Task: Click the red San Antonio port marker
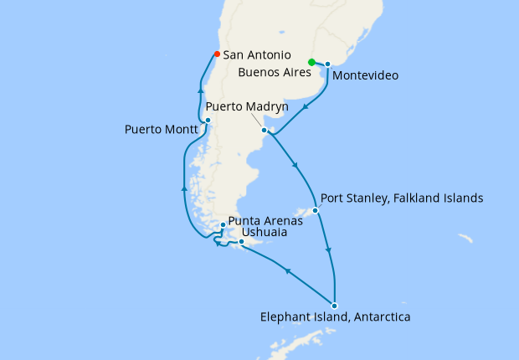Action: tap(217, 54)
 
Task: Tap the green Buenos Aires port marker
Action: tap(311, 62)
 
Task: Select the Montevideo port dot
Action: tap(327, 64)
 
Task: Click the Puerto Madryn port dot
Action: tap(265, 130)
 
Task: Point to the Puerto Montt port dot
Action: tap(208, 121)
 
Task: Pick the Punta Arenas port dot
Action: tap(222, 224)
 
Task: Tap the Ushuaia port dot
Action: tap(241, 242)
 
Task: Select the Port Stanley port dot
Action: tap(316, 210)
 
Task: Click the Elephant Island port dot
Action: tap(334, 305)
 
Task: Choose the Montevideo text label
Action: tap(365, 75)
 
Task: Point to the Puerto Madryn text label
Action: tap(247, 108)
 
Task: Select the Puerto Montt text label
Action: tap(162, 130)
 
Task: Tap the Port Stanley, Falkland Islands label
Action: tap(402, 198)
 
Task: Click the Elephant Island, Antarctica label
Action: tap(336, 317)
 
